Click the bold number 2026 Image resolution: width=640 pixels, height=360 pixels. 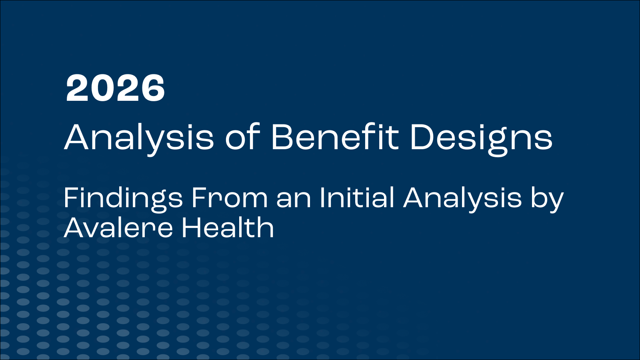pos(115,88)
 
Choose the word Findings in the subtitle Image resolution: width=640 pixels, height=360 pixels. pos(123,198)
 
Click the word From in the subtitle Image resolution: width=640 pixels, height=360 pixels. pos(229,198)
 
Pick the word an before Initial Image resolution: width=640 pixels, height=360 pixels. pos(294,198)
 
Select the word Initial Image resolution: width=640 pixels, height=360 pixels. pos(357,198)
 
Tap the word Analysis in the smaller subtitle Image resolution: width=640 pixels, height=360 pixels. pos(462,198)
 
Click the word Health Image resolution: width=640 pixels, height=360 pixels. pos(228,228)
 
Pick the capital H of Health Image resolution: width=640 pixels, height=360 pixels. pos(191,228)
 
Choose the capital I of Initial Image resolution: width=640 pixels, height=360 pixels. pos(322,198)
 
